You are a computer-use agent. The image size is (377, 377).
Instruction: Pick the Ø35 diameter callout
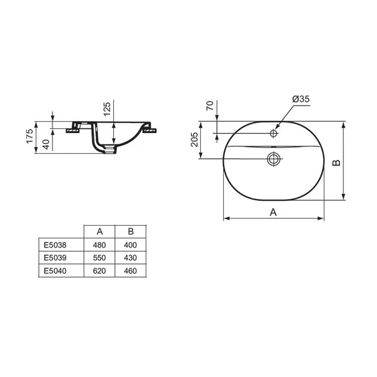(301, 99)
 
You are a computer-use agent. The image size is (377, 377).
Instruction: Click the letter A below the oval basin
(273, 212)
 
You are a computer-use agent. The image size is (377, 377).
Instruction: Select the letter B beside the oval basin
(336, 163)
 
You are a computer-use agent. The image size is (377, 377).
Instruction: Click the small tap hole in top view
(273, 133)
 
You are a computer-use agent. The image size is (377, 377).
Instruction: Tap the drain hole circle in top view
(273, 158)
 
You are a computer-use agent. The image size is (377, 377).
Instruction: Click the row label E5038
(55, 244)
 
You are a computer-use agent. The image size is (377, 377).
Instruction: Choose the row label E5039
(55, 257)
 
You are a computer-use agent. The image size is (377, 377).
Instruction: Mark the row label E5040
(55, 270)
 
